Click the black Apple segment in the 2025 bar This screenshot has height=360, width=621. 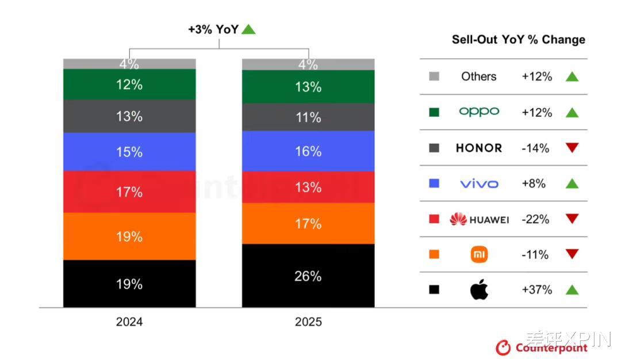[308, 276]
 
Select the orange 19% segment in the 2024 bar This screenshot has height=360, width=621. [129, 236]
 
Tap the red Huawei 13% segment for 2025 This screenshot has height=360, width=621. [308, 187]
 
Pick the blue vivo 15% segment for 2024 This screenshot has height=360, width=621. [129, 152]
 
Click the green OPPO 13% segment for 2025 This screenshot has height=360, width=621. [308, 87]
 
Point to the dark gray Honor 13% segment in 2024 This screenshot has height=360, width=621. [129, 116]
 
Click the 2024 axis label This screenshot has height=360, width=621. [129, 321]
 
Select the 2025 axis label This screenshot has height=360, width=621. [308, 321]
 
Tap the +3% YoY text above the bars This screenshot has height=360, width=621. [213, 29]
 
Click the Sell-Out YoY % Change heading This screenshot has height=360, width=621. [518, 40]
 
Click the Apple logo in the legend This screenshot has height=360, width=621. [479, 290]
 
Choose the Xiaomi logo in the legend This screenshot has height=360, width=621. [479, 254]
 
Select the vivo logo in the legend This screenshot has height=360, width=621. [479, 183]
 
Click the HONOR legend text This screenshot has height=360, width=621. [479, 148]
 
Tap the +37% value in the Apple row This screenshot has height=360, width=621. [536, 290]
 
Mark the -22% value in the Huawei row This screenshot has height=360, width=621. [535, 219]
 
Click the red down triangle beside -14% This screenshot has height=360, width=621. [572, 148]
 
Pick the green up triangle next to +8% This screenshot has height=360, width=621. [572, 183]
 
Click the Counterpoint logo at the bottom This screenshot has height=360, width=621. [542, 347]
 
